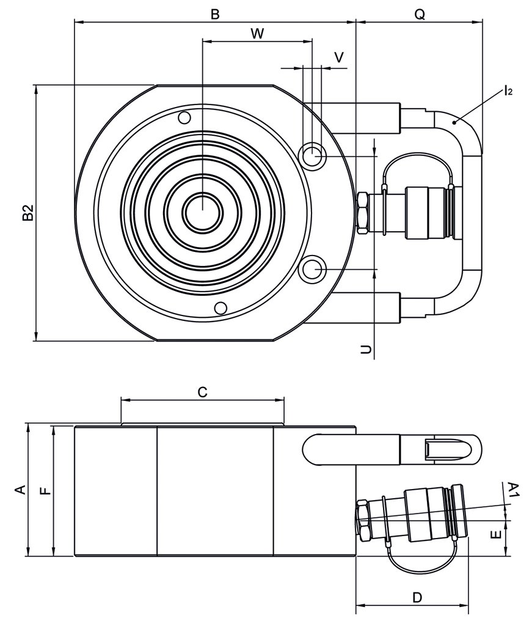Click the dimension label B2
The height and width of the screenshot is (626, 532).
point(27,213)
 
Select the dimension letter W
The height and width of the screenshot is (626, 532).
point(257,34)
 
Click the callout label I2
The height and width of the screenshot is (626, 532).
point(508,92)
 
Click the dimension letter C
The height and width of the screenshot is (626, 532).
point(203,392)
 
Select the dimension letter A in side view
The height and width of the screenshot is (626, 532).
point(20,490)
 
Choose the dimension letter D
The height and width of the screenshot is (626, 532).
point(417,597)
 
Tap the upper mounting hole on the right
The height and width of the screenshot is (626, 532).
point(314,155)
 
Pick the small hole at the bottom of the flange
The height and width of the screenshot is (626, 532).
point(221,307)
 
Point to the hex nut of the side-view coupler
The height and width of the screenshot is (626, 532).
point(362,520)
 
